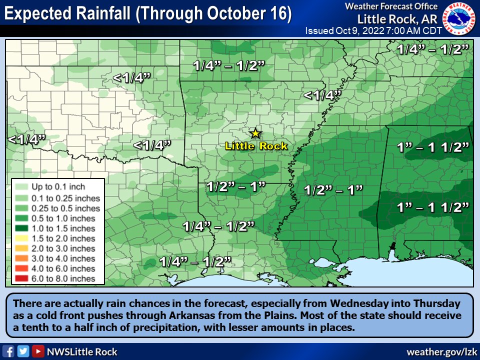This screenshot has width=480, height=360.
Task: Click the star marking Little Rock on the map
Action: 255,133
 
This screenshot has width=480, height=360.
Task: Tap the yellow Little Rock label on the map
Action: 256,146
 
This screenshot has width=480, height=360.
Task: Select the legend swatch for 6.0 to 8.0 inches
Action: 22,278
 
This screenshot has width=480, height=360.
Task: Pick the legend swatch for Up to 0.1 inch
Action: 22,187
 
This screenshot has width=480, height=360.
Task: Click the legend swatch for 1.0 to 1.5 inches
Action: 22,228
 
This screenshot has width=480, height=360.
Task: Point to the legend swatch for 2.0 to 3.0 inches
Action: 22,248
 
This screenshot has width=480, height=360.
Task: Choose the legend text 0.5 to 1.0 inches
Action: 62,218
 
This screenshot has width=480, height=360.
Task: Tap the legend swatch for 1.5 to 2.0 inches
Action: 22,238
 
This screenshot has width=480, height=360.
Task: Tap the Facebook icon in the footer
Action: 8,351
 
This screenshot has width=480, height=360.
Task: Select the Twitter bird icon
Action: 23,351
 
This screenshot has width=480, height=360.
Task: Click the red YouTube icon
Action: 37,351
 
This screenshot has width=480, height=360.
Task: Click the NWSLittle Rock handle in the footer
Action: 82,351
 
